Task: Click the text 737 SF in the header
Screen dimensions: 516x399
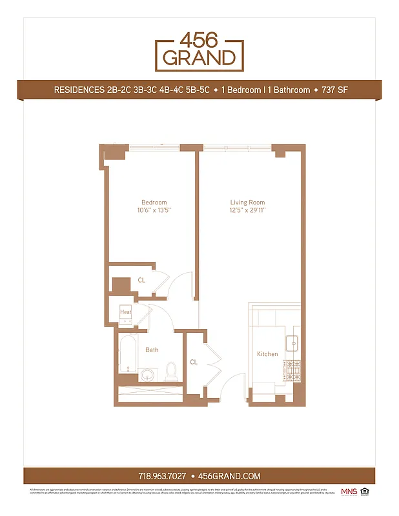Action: [335, 90]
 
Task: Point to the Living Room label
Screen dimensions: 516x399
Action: [248, 203]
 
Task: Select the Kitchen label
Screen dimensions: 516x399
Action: [267, 354]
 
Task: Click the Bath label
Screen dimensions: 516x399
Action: [152, 350]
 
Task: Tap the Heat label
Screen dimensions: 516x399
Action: [125, 313]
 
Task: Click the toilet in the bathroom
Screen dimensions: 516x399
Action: [172, 370]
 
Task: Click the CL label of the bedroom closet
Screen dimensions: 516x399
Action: [141, 281]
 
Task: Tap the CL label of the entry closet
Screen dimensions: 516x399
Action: [194, 362]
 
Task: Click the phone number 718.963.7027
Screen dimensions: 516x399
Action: [162, 476]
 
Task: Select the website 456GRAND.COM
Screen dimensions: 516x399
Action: [229, 476]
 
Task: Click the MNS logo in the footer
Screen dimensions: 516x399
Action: [349, 491]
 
